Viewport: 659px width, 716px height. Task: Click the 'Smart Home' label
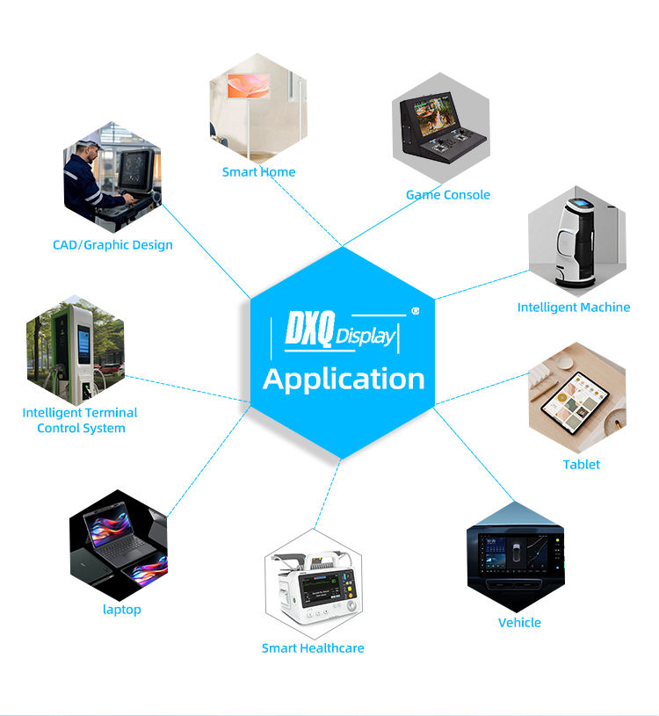coord(258,172)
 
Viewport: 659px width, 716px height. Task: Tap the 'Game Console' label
coord(448,195)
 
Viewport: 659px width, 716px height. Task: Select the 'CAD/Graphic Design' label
coord(112,245)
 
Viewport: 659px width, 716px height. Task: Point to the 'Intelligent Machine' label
coord(574,307)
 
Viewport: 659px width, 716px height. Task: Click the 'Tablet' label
coord(582,465)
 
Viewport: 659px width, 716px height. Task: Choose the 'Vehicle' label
coord(519,623)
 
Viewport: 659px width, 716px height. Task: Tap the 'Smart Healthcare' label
coord(313,648)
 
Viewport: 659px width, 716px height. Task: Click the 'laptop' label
coord(122,610)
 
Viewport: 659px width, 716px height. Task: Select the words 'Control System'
coord(82,429)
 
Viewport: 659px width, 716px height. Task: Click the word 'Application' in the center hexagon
coord(344,380)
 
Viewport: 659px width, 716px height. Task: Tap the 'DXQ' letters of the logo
coord(310,328)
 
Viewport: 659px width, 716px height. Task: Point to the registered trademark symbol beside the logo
coord(415,311)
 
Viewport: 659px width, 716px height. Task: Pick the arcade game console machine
coord(441,127)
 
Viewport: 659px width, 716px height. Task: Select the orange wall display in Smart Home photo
coord(249,85)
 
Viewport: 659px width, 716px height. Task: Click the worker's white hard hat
coord(89,143)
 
